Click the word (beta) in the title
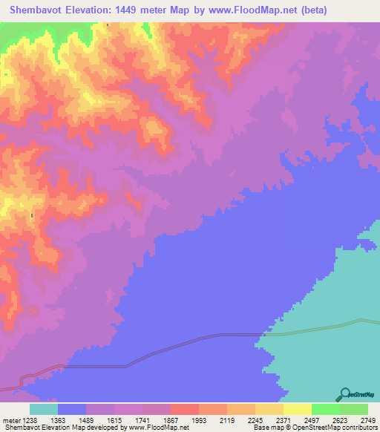click(309, 10)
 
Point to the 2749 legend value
click(368, 419)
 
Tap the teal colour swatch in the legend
click(44, 409)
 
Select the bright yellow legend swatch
click(298, 409)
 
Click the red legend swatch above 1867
click(185, 409)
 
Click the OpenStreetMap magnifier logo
click(344, 395)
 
